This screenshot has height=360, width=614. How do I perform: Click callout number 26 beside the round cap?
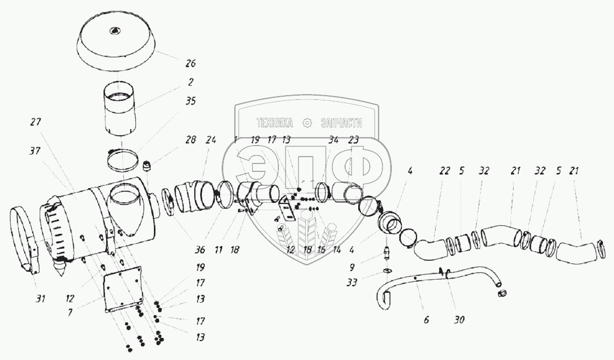[190, 64]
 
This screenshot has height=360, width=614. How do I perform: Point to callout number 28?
[190, 140]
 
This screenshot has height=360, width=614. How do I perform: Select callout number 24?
[211, 140]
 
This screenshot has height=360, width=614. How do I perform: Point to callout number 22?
[445, 170]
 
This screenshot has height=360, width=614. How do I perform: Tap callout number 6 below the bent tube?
[426, 320]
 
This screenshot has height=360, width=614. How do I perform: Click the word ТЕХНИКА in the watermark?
[275, 123]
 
